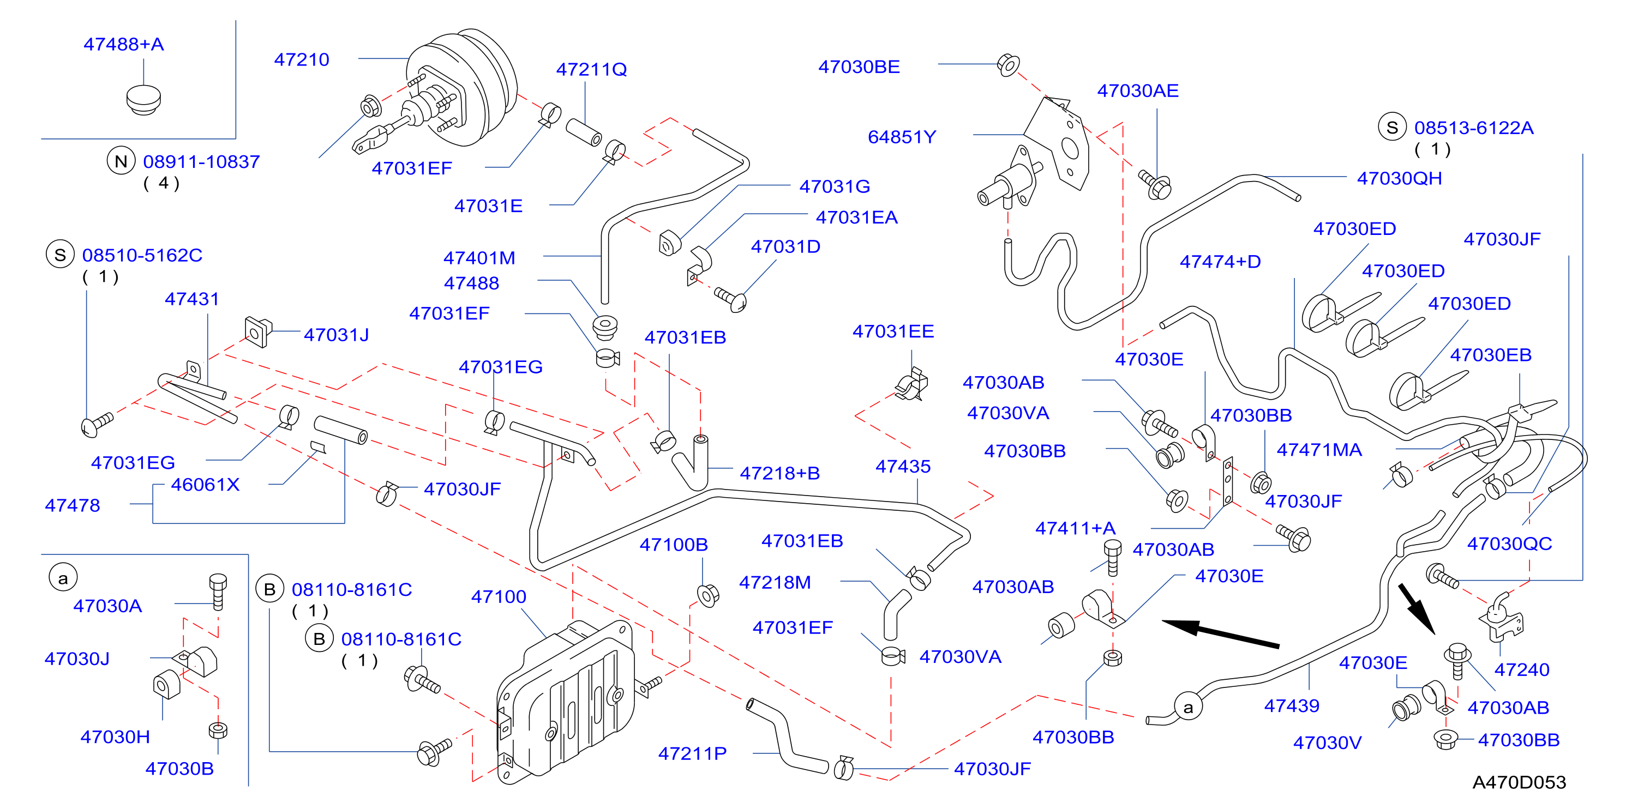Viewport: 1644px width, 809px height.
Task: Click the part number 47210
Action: coord(301,60)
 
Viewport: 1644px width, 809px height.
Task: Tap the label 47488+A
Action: coord(124,45)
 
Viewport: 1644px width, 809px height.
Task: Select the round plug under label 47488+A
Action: coord(143,100)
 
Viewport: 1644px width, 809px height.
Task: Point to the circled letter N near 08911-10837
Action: coord(121,161)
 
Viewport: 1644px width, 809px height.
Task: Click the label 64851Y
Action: coord(901,137)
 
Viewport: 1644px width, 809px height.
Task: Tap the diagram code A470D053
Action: coord(1519,782)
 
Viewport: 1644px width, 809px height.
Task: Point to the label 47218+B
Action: coord(779,473)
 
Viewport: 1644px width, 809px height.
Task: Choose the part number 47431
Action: coord(191,299)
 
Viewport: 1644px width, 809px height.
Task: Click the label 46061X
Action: coord(205,485)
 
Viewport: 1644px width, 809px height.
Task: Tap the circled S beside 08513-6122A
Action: coord(1392,127)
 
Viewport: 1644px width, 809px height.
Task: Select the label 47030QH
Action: coord(1399,179)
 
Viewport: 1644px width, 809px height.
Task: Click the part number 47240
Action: coord(1521,670)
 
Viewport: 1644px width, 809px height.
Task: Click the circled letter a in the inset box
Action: coord(63,578)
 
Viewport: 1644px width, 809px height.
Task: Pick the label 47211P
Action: coord(692,754)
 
